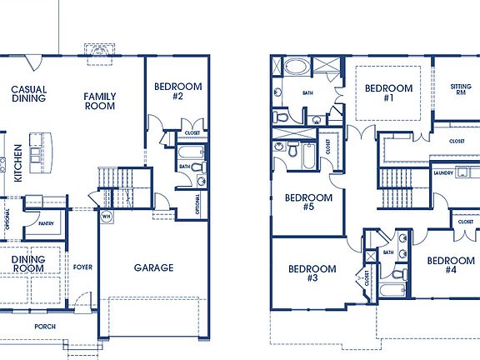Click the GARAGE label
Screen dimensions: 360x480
pyautogui.click(x=154, y=267)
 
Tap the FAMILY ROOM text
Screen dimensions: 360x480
pyautogui.click(x=100, y=101)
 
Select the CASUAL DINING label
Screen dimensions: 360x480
pyautogui.click(x=28, y=94)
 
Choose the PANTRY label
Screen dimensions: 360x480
pyautogui.click(x=45, y=222)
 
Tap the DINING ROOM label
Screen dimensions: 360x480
pyautogui.click(x=27, y=264)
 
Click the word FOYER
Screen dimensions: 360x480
pyautogui.click(x=82, y=267)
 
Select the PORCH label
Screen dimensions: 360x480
pyautogui.click(x=45, y=326)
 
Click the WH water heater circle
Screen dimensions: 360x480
pyautogui.click(x=107, y=217)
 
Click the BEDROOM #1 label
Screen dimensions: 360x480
pyautogui.click(x=388, y=93)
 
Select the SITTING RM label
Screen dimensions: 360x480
pyautogui.click(x=460, y=89)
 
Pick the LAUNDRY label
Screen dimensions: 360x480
pyautogui.click(x=443, y=173)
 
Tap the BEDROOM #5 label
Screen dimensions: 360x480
pyautogui.click(x=309, y=202)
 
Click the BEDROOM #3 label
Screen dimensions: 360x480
pyautogui.click(x=312, y=273)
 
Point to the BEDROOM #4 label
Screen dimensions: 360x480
pyautogui.click(x=450, y=265)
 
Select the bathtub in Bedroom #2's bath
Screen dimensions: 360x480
pyautogui.click(x=191, y=153)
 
